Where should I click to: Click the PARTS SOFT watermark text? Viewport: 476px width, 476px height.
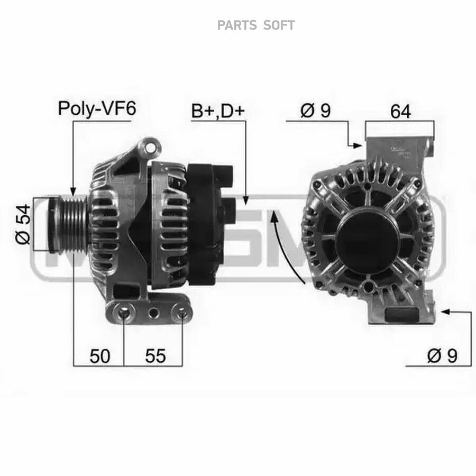[x=256, y=25]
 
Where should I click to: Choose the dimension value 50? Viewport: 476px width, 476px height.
[x=99, y=356]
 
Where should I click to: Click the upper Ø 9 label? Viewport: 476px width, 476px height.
[x=315, y=111]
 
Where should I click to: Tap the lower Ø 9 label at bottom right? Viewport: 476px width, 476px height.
[x=442, y=356]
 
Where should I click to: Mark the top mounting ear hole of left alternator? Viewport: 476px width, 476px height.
[x=149, y=144]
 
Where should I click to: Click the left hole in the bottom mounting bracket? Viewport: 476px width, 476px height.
[x=124, y=315]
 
